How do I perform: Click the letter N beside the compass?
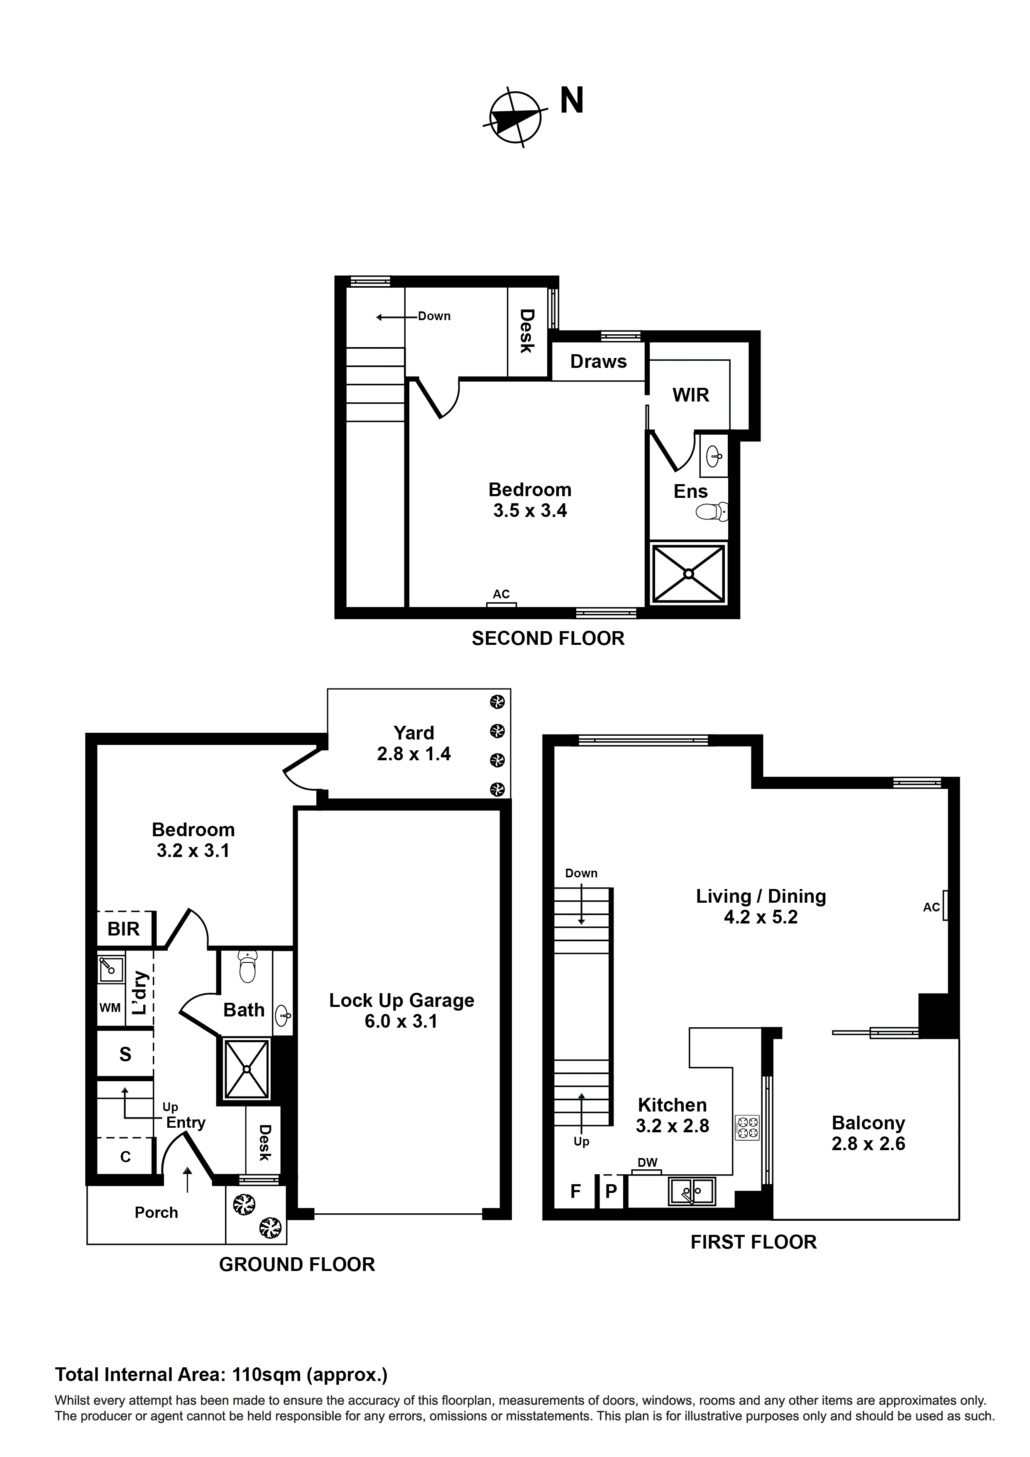pyautogui.click(x=571, y=101)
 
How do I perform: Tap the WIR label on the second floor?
pyautogui.click(x=690, y=395)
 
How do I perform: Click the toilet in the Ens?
pyautogui.click(x=712, y=512)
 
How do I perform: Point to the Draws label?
pyautogui.click(x=598, y=362)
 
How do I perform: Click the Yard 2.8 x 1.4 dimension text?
pyautogui.click(x=414, y=754)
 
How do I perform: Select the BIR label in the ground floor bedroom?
pyautogui.click(x=123, y=929)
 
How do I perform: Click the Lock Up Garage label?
pyautogui.click(x=401, y=1001)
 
